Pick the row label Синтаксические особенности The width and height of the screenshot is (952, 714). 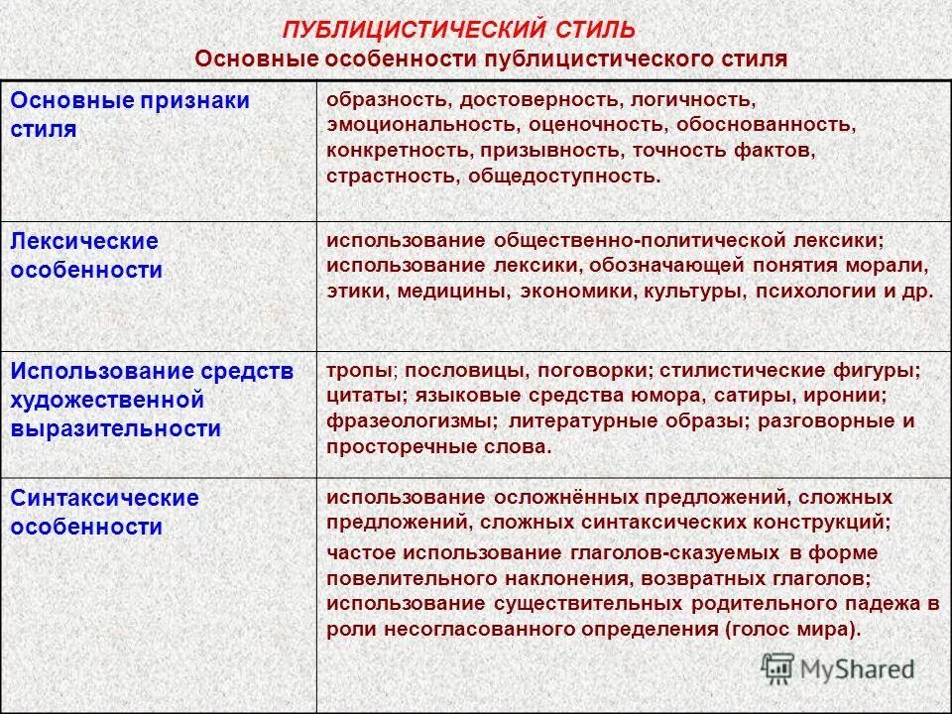click(104, 512)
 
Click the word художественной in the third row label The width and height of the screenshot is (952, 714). click(107, 400)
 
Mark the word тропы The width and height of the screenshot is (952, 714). click(360, 370)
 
